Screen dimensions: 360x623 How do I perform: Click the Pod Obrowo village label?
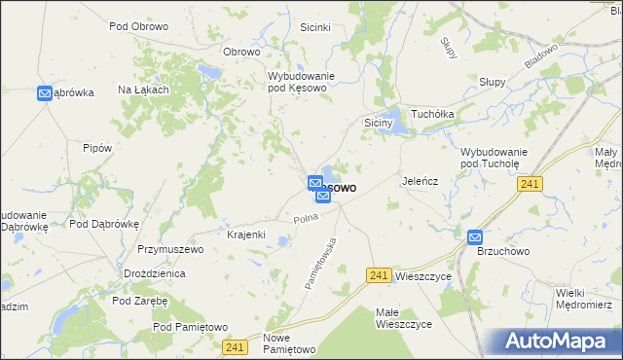137,26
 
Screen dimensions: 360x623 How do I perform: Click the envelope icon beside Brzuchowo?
474,236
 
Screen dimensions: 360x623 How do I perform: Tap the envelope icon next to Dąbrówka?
45,93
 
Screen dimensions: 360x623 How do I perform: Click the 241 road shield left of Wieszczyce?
381,276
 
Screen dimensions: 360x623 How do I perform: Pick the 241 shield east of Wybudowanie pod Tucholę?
530,183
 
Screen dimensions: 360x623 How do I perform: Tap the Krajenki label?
246,235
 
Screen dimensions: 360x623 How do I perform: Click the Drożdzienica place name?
155,275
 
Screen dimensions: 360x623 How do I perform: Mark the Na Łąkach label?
144,90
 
